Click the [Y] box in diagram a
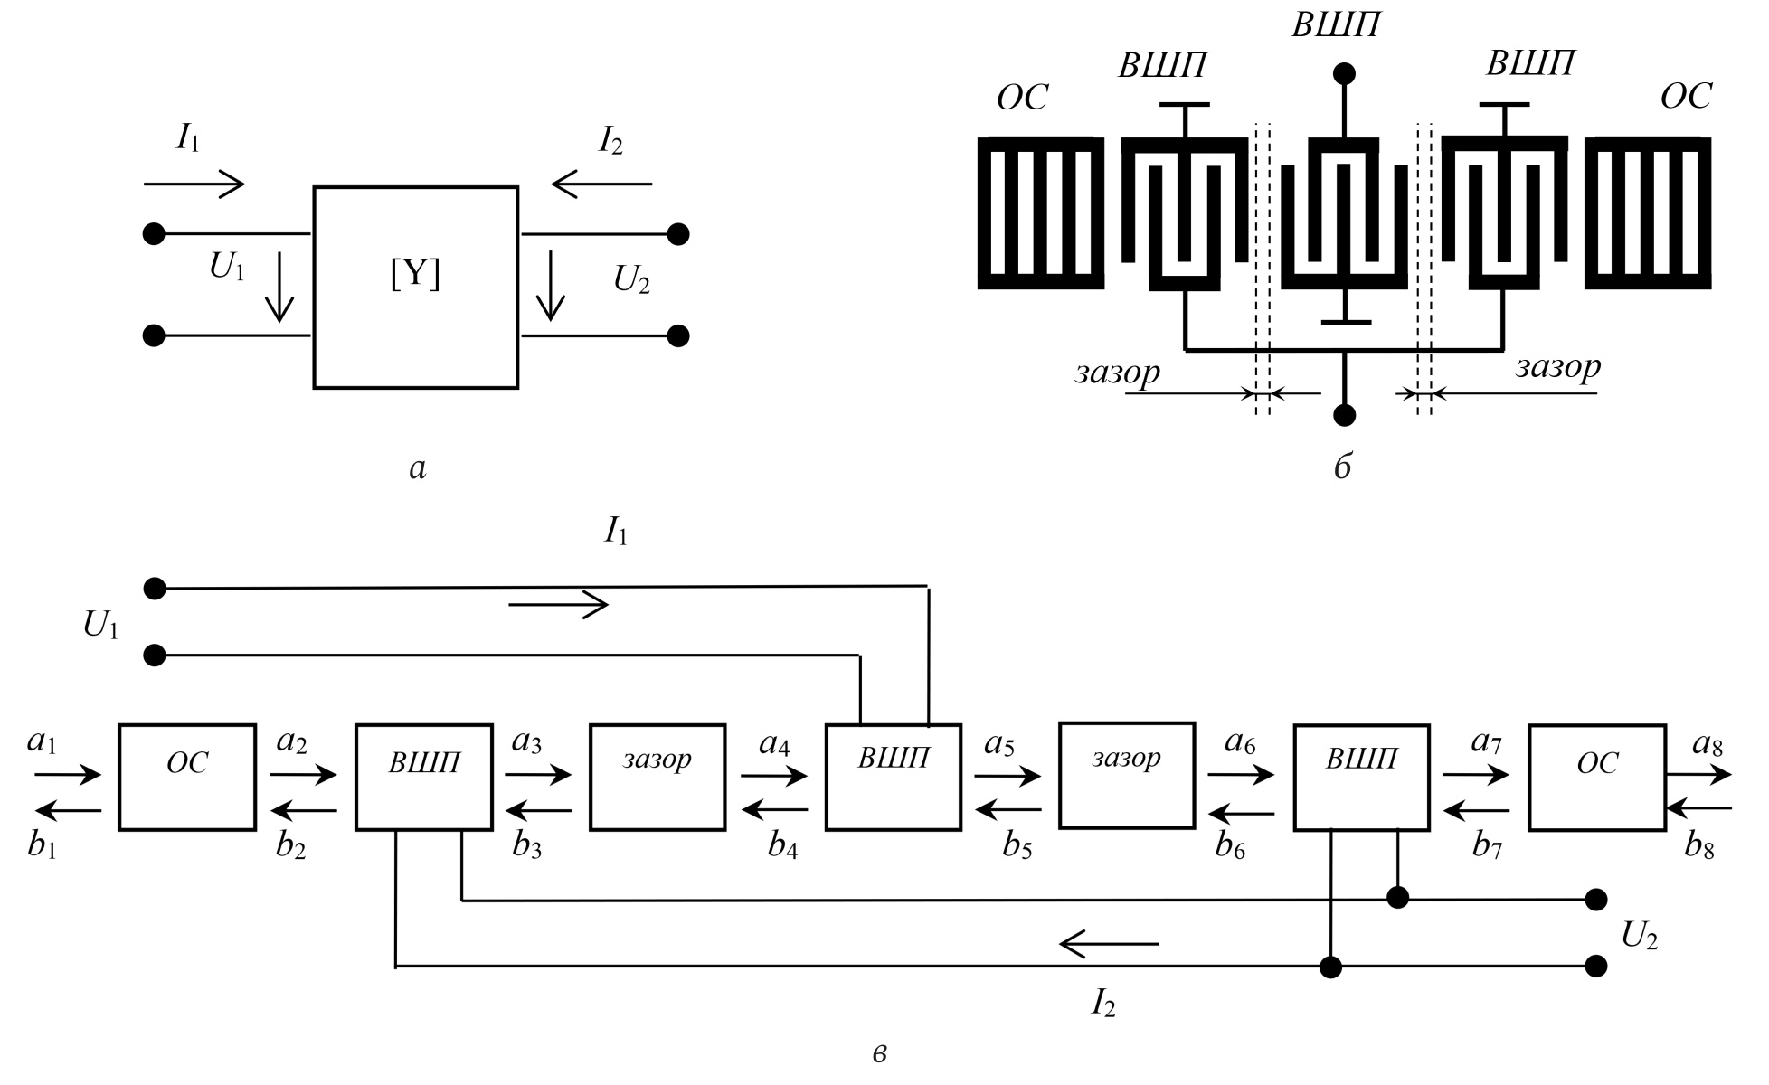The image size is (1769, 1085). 415,287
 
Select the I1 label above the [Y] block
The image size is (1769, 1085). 188,137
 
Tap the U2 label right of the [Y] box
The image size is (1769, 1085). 631,280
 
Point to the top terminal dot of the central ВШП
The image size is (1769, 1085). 1345,73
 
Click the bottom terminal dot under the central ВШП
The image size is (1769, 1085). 1345,415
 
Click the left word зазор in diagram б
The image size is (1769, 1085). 1117,372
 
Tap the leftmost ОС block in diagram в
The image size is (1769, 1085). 187,777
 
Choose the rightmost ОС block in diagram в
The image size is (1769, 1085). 1597,777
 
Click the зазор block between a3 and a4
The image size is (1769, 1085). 657,777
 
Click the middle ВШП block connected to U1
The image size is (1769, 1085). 894,777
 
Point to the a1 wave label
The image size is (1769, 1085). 42,742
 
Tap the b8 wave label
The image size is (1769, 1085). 1699,845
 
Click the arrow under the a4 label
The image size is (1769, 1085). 774,775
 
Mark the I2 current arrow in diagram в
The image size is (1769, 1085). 1109,945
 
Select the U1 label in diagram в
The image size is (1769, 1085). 101,626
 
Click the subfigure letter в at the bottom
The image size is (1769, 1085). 880,1053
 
